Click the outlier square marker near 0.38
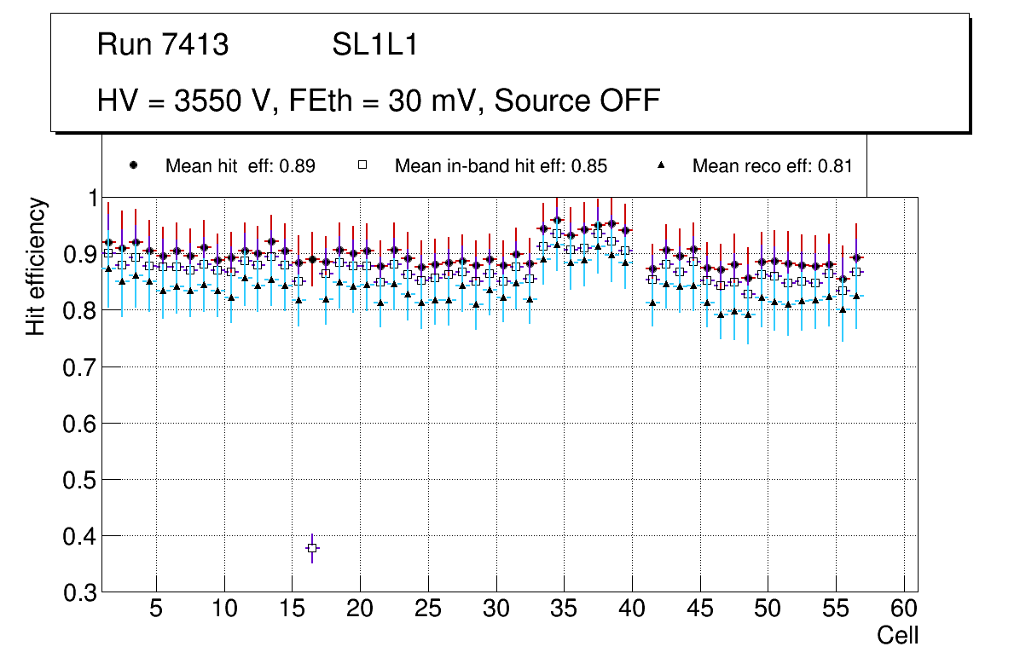(x=312, y=548)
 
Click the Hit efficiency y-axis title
(x=36, y=266)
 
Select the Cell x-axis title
(x=898, y=635)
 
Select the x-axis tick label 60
(x=904, y=609)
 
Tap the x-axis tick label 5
(x=156, y=609)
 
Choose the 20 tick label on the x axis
(x=360, y=609)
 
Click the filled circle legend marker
(x=133, y=165)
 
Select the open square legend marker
(x=362, y=165)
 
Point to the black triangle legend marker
(x=661, y=165)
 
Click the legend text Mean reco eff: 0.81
(x=772, y=166)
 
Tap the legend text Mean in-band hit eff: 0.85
(x=501, y=166)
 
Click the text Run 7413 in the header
(x=163, y=45)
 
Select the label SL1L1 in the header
(x=374, y=45)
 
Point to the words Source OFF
(x=577, y=101)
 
